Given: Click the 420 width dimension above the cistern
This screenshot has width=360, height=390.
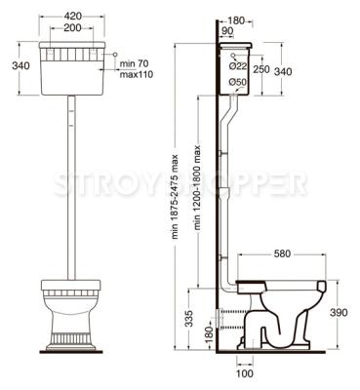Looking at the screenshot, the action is [x=73, y=16].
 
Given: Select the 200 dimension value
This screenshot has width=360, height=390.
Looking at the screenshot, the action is [x=72, y=28].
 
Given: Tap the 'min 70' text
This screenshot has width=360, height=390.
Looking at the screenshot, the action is [x=134, y=63].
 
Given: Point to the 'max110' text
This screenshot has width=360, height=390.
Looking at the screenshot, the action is [x=137, y=75].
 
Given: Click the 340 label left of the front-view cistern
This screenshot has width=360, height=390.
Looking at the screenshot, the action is [x=20, y=66].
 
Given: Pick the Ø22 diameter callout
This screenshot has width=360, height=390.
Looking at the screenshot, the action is [x=238, y=66].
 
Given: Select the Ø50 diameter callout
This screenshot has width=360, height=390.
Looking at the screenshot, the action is [x=237, y=83].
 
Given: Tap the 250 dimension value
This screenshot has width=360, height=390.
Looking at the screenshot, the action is [x=261, y=69].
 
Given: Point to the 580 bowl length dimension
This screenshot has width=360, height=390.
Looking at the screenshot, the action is [x=282, y=253].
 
